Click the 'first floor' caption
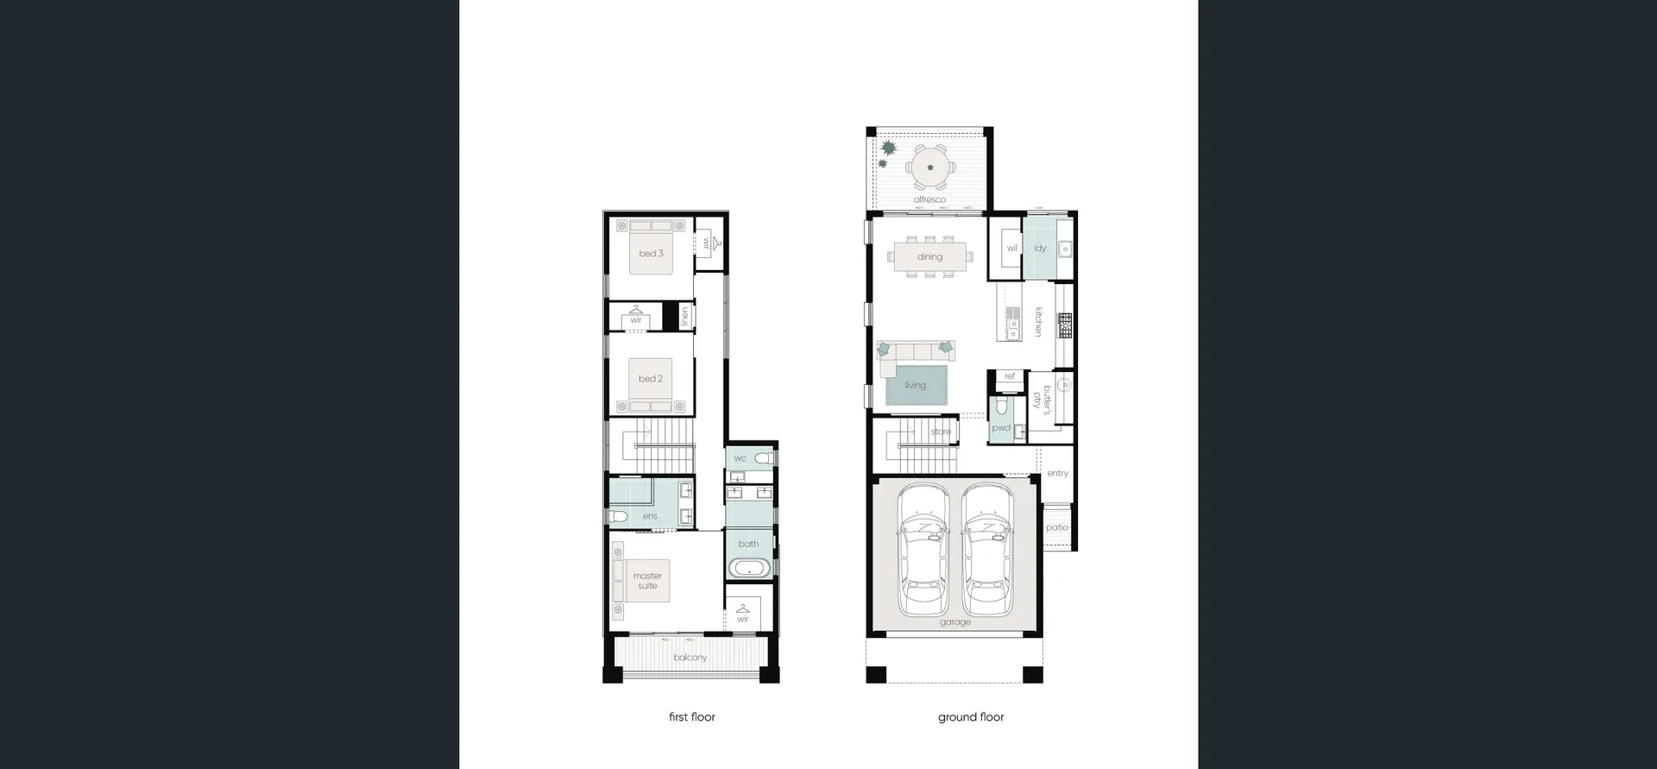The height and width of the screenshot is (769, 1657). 691,716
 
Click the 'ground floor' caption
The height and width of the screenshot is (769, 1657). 971,716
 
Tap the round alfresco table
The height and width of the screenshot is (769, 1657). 929,167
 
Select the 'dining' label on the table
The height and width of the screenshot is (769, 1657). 929,256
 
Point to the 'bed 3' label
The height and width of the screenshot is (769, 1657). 651,254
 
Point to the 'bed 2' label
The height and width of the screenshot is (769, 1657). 651,379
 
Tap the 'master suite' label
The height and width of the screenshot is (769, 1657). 647,581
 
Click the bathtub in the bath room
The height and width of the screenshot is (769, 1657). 749,569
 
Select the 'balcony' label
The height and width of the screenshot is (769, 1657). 690,658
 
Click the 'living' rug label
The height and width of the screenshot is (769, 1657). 915,386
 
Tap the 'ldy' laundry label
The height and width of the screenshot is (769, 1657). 1040,249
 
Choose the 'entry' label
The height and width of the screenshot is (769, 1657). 1057,473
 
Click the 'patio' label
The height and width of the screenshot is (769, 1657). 1056,527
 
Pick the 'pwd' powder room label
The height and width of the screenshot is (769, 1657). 1000,428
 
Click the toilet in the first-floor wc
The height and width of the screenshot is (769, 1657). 764,457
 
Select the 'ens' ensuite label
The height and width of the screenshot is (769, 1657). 650,516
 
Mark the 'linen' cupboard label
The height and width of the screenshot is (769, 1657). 685,317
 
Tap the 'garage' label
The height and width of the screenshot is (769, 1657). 955,622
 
